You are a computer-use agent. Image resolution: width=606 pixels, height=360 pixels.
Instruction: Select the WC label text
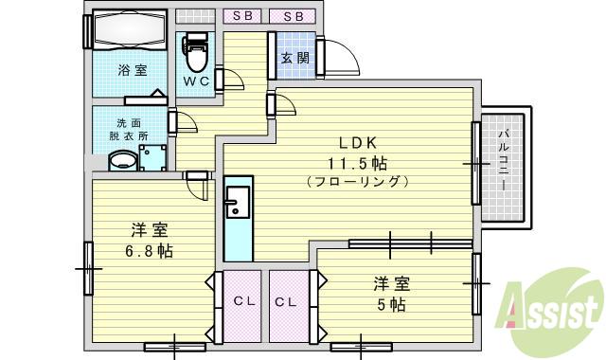(196, 82)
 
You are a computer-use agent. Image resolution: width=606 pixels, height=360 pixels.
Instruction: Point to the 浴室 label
(132, 70)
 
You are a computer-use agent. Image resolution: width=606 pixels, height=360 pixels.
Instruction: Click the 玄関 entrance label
(293, 57)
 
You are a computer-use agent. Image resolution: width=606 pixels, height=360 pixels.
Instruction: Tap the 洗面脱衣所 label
(132, 130)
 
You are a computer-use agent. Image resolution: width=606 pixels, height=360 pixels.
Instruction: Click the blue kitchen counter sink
(237, 201)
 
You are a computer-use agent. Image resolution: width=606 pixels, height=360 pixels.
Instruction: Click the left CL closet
(241, 302)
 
